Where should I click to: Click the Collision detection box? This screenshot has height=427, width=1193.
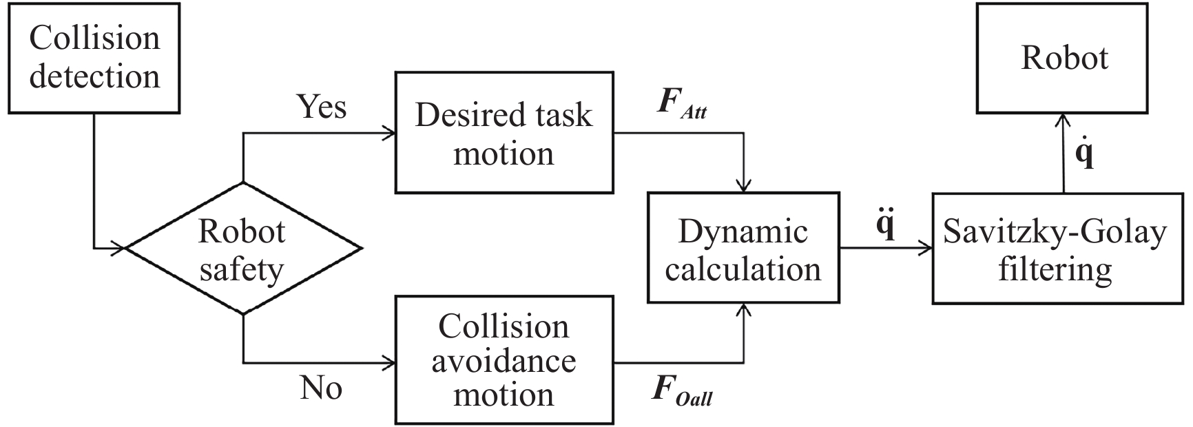point(94,58)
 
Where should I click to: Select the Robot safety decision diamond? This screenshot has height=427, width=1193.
point(242,249)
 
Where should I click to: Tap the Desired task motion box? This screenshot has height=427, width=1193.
point(504,133)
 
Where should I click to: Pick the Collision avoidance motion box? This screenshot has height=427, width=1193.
point(504,360)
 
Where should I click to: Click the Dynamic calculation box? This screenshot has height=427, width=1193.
point(743,248)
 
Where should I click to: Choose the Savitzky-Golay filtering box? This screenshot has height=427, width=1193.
point(1057,249)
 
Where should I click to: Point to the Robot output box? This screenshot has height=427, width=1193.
point(1064,58)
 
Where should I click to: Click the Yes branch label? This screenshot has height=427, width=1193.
point(321,106)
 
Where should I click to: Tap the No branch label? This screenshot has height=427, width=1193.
point(321,388)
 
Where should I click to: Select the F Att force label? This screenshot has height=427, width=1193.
point(682,104)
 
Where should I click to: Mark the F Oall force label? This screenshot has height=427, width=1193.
point(682,391)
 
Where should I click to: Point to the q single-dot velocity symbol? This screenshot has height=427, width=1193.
point(1084,153)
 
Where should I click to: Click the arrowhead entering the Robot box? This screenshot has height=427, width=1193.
point(1064,119)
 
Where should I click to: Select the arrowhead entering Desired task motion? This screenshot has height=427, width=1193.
point(389,133)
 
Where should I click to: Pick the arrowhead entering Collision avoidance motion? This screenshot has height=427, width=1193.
point(389,362)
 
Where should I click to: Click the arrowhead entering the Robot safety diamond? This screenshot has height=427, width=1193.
point(118,248)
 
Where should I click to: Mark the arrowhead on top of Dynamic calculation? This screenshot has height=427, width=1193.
point(743,186)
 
